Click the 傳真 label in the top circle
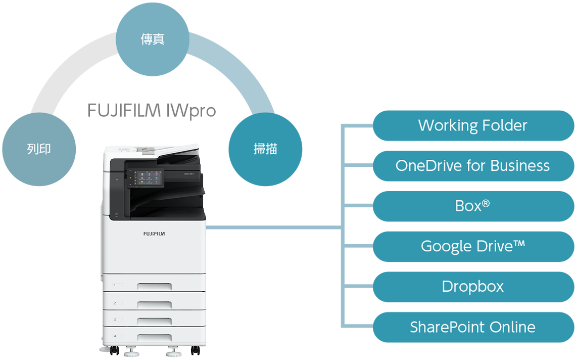click(152, 39)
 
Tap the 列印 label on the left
click(39, 149)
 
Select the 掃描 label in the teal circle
click(265, 149)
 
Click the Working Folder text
click(472, 125)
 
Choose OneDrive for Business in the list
click(472, 166)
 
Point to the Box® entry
click(472, 206)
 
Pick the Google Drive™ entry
click(472, 246)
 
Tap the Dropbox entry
click(472, 287)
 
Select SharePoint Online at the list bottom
click(472, 327)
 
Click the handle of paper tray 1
click(154, 287)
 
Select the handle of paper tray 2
click(154, 304)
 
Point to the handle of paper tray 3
click(154, 321)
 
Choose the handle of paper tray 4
click(154, 337)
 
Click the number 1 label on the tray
click(115, 285)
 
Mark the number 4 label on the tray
click(115, 336)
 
